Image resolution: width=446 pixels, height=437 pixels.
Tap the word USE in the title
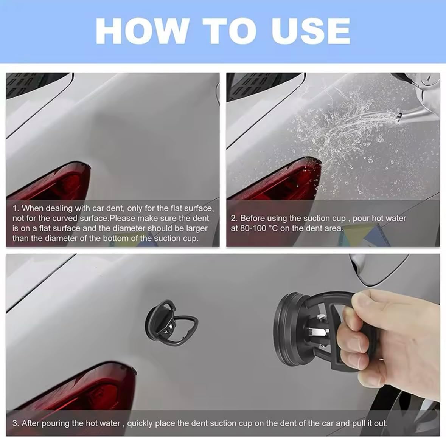tap(311, 31)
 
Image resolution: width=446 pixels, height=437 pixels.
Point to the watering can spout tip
tap(399, 115)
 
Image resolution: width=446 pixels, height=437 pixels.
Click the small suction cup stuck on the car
tap(171, 323)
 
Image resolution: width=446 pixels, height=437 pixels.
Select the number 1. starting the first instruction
tap(16, 208)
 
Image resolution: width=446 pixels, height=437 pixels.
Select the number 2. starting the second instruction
tap(234, 218)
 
